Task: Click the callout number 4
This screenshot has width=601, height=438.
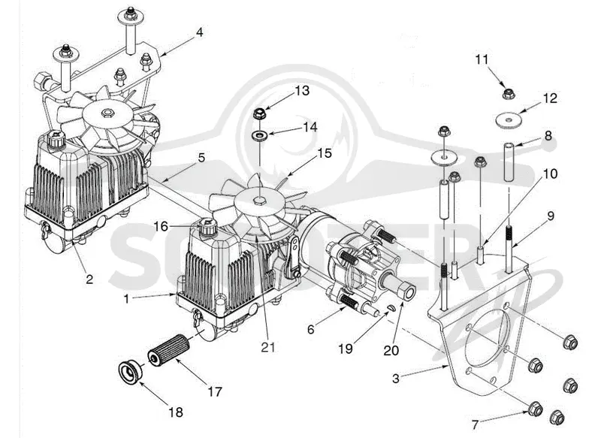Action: point(199,32)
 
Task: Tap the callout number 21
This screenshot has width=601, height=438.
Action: point(268,347)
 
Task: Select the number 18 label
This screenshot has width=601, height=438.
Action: point(176,412)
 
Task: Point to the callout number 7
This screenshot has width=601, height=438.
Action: point(475,424)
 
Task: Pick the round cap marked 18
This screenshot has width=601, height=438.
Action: point(129,372)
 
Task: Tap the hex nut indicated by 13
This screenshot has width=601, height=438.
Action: point(260,113)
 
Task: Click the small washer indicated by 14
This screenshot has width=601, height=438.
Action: point(260,135)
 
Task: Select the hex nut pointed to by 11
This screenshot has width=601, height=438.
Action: point(509,93)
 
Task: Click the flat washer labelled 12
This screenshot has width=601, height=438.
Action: point(509,120)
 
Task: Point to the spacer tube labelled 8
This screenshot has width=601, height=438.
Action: point(509,162)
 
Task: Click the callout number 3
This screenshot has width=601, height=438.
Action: point(396,379)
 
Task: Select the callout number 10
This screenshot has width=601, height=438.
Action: point(551,174)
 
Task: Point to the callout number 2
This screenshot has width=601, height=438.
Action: point(89,279)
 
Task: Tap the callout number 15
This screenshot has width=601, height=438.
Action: point(325,153)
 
